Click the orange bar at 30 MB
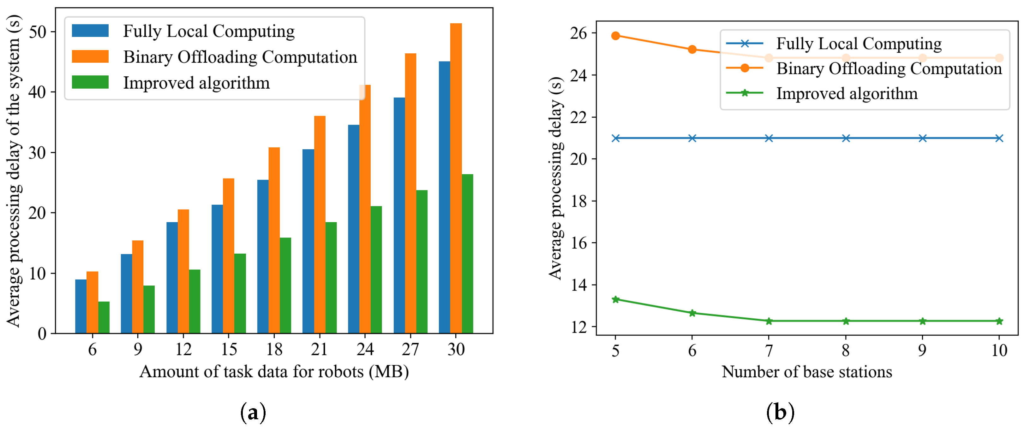tap(456, 179)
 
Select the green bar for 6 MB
tap(104, 317)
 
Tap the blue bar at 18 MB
tap(263, 256)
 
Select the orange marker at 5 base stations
tap(615, 36)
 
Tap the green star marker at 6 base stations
tap(692, 313)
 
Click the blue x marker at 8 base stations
tap(846, 138)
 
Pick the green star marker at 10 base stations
tap(999, 321)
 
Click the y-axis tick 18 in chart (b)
tap(579, 201)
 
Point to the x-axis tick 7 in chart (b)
tap(769, 350)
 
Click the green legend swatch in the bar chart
tap(90, 82)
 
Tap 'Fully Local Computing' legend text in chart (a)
tap(209, 31)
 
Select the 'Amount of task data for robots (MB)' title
tap(274, 372)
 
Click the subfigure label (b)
tap(780, 413)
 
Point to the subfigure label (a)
tap(253, 413)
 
